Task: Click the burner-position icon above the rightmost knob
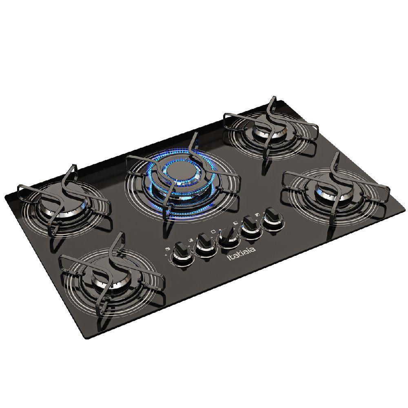256,213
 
